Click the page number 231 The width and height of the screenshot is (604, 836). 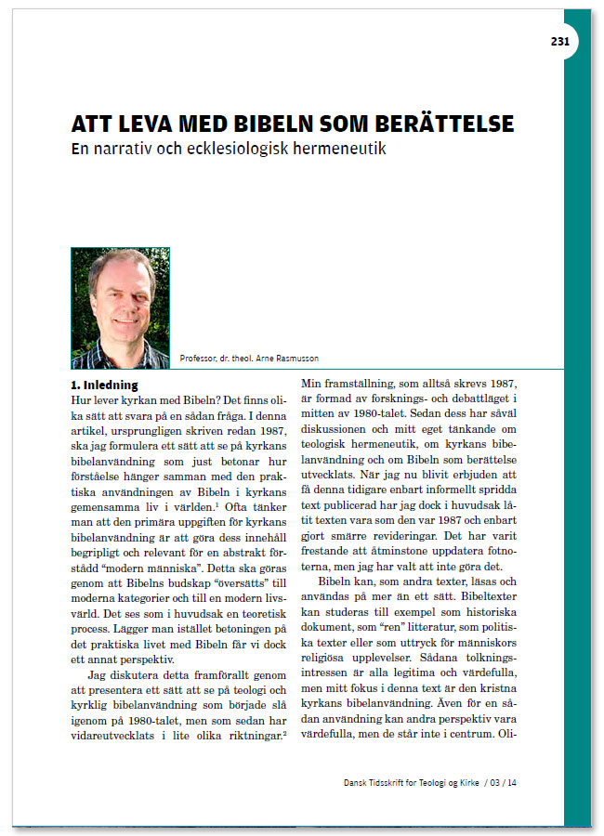click(560, 41)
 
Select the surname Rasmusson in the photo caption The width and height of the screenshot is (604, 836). click(306, 359)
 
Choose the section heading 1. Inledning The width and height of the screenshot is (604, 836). click(104, 384)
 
